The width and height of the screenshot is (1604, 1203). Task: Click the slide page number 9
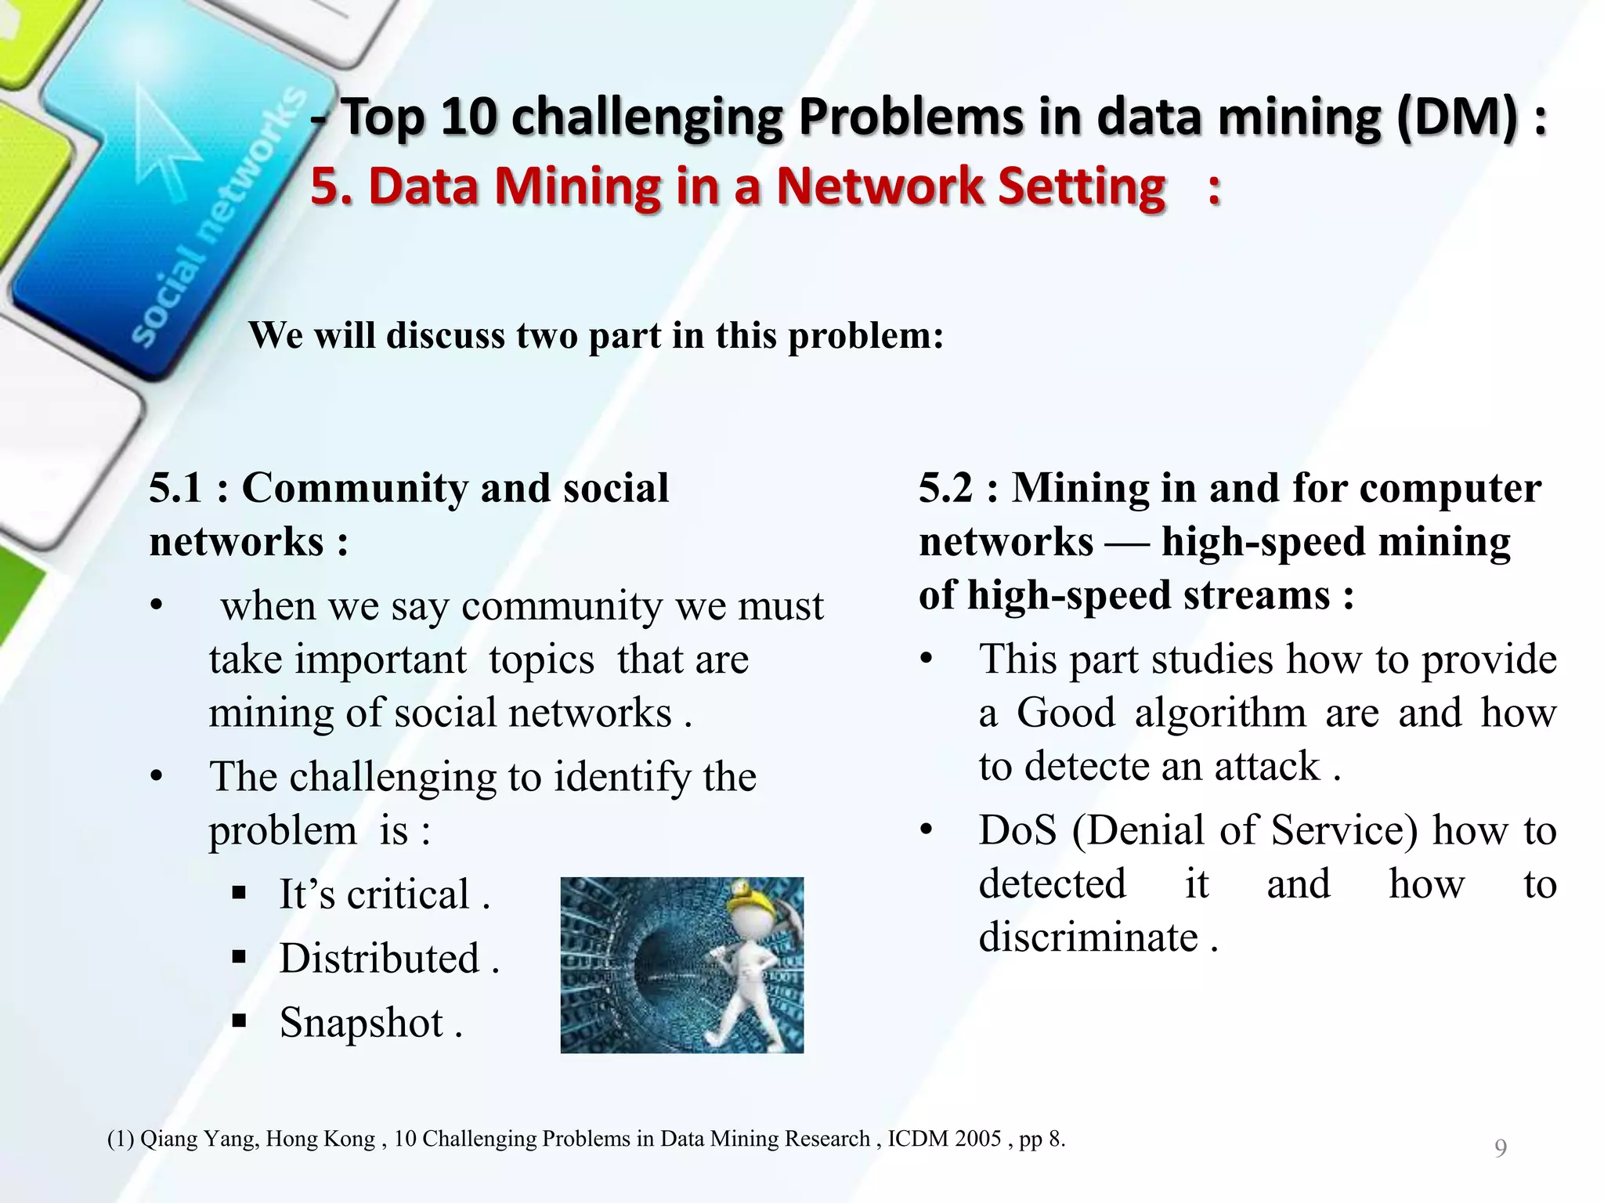pyautogui.click(x=1500, y=1148)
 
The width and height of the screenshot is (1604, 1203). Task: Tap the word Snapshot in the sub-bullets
pyautogui.click(x=361, y=1023)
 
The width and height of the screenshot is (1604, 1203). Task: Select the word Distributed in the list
pyautogui.click(x=379, y=959)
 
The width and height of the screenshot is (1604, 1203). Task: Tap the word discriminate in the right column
pyautogui.click(x=1088, y=937)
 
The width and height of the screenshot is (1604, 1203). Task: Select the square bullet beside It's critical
pyautogui.click(x=240, y=893)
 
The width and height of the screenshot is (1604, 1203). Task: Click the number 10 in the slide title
pyautogui.click(x=468, y=117)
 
